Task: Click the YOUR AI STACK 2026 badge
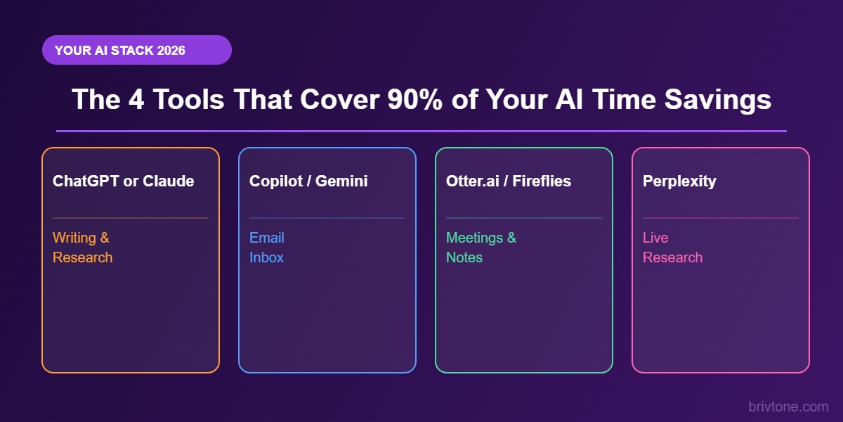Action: (x=136, y=50)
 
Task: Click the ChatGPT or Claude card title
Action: (x=123, y=181)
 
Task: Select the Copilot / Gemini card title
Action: (x=308, y=181)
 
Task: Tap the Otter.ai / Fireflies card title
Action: (x=509, y=181)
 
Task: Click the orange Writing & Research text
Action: (x=82, y=248)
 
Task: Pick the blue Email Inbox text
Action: (x=267, y=248)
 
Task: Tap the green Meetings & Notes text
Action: (x=481, y=248)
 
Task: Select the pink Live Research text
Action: (x=672, y=248)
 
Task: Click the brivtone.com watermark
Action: (x=788, y=407)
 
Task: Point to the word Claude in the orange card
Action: (x=169, y=181)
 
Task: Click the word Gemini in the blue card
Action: (x=341, y=181)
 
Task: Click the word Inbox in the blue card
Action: (x=266, y=257)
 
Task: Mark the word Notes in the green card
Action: (x=464, y=257)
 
